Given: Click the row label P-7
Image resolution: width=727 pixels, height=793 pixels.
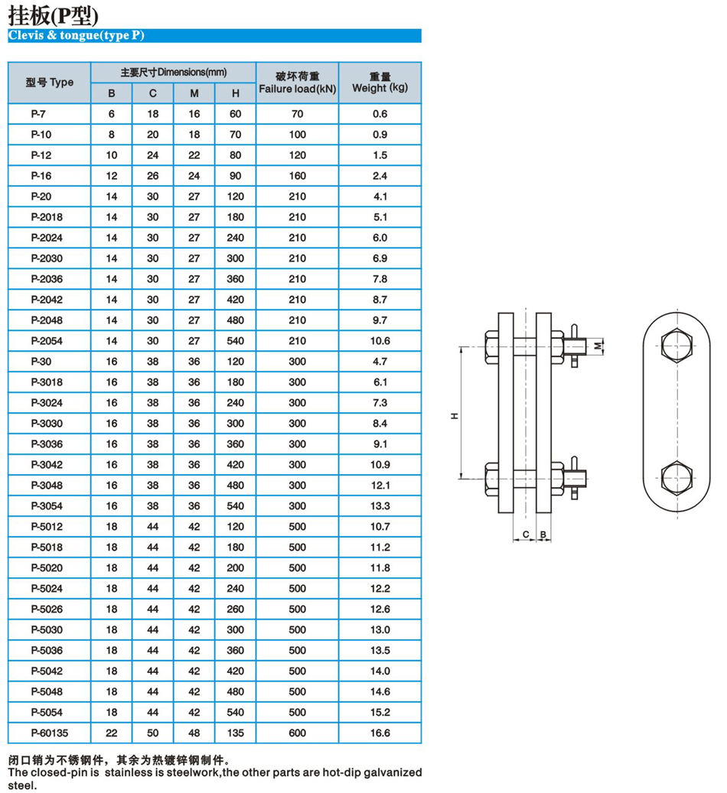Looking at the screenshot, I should point(39,114).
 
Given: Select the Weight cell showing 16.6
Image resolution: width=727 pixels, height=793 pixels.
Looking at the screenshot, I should point(380,733).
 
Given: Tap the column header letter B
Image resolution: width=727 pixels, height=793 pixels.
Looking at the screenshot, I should point(112,93).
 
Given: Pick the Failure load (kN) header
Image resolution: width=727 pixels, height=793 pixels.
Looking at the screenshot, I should point(297,83).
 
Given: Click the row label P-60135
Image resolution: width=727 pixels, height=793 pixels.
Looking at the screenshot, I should point(48,733).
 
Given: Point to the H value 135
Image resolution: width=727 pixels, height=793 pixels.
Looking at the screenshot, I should point(236,733).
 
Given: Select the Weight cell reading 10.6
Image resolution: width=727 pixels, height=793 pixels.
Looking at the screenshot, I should point(380,341).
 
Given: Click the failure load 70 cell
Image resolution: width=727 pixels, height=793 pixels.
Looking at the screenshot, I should point(297,114).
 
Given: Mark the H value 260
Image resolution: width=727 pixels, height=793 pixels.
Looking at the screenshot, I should point(236,609).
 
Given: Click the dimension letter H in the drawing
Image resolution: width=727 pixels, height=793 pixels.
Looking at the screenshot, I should point(454,415).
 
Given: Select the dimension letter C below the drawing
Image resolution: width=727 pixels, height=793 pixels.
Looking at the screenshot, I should point(526,533).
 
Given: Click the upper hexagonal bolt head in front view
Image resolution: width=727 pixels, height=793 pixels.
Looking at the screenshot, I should point(676,346).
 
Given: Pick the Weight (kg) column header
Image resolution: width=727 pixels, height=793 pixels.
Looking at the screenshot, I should point(380,83).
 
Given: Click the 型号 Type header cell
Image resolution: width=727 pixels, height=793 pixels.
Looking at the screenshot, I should point(50,83).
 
